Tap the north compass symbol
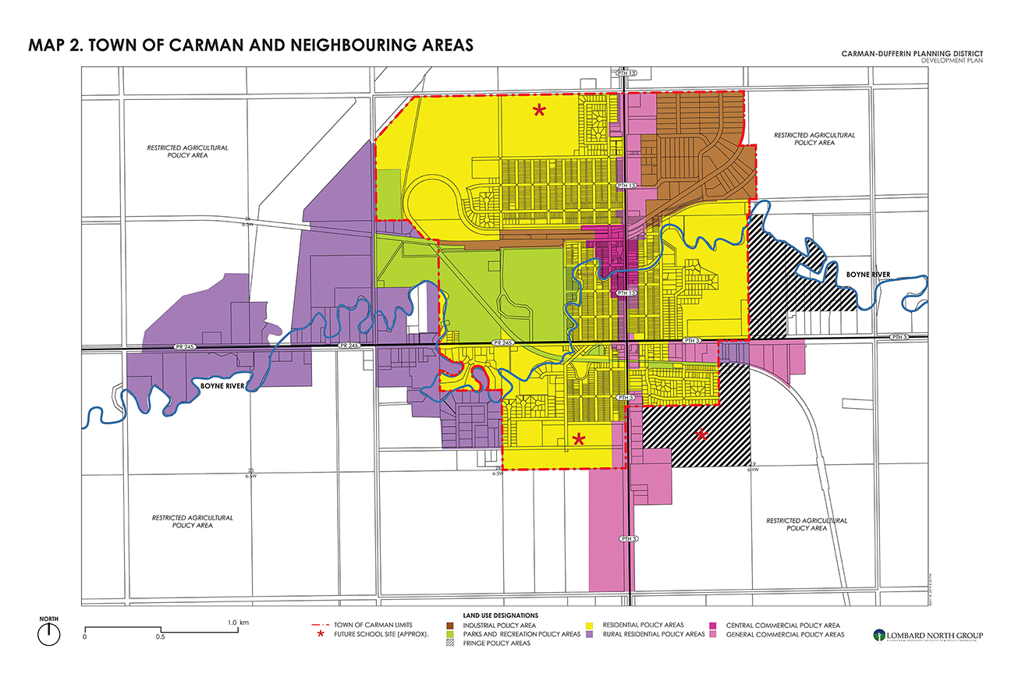49,631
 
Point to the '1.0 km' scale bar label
238,622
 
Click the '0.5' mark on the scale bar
160,637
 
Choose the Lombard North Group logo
928,635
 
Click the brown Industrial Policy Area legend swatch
451,626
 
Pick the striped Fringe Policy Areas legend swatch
451,644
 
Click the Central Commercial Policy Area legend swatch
714,626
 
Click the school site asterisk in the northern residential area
539,111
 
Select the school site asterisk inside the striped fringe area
701,435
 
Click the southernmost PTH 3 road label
629,539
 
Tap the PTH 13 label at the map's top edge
628,73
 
